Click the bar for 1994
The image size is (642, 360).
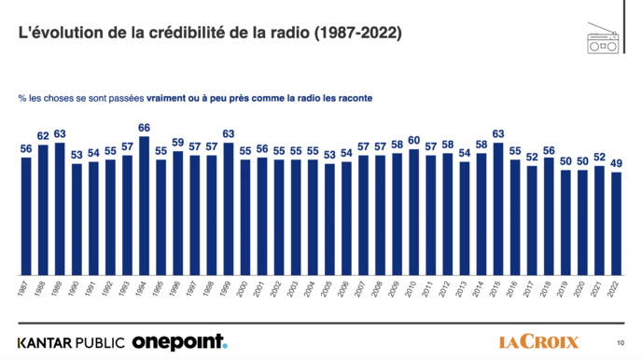point(144,206)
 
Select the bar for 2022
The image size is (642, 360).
point(616,224)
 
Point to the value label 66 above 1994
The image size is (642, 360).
point(144,128)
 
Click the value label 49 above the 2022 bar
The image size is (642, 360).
point(616,163)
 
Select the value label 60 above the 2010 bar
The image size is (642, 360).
point(413,140)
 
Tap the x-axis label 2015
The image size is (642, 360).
point(497,289)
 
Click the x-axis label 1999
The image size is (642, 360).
point(228,289)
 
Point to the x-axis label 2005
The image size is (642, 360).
point(328,289)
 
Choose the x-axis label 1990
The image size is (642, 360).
point(77,289)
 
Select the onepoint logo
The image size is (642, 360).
point(178,342)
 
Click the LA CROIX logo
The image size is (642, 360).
point(538,342)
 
